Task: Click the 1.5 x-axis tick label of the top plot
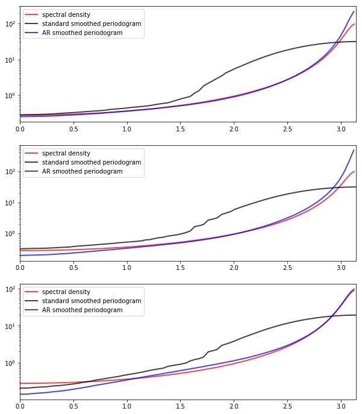(180, 129)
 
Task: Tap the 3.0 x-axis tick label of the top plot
(340, 129)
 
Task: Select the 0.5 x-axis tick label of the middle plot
(73, 268)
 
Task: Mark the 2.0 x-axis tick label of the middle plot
(233, 268)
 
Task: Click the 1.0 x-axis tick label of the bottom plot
(126, 406)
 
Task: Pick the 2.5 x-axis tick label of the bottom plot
(287, 406)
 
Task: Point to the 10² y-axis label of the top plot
(11, 24)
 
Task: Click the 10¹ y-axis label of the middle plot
(11, 202)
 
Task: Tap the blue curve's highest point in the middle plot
(354, 150)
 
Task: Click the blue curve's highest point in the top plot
(354, 11)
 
